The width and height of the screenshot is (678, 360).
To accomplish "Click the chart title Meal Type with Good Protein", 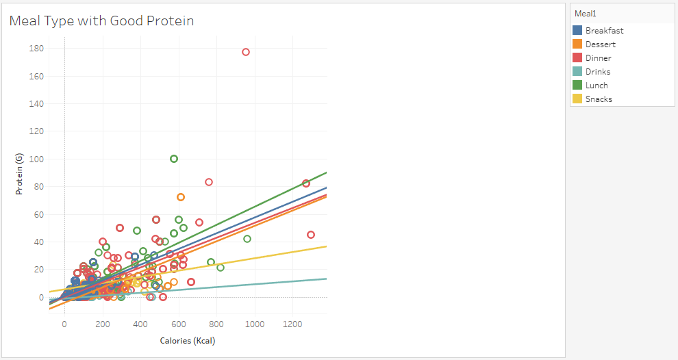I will click(x=101, y=21).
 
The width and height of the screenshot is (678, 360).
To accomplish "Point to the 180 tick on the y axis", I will click(x=37, y=49).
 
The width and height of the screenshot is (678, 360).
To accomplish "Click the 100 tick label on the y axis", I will click(x=37, y=159).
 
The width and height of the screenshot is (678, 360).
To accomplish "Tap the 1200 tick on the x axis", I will click(x=292, y=324).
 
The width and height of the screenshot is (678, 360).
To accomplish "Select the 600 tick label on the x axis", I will click(x=178, y=324).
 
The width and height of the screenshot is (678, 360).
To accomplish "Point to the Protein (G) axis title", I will click(x=19, y=173).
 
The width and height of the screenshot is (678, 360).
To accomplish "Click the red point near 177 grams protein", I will click(x=246, y=52).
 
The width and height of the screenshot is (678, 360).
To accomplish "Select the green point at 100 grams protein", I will click(x=174, y=159).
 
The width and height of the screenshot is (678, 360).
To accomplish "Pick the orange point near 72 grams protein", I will click(x=181, y=197).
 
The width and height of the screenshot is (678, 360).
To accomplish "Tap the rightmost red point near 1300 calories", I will click(x=311, y=235).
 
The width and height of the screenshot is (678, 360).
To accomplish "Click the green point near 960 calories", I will click(x=247, y=239).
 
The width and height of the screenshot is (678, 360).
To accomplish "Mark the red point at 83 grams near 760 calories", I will click(x=209, y=182).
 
